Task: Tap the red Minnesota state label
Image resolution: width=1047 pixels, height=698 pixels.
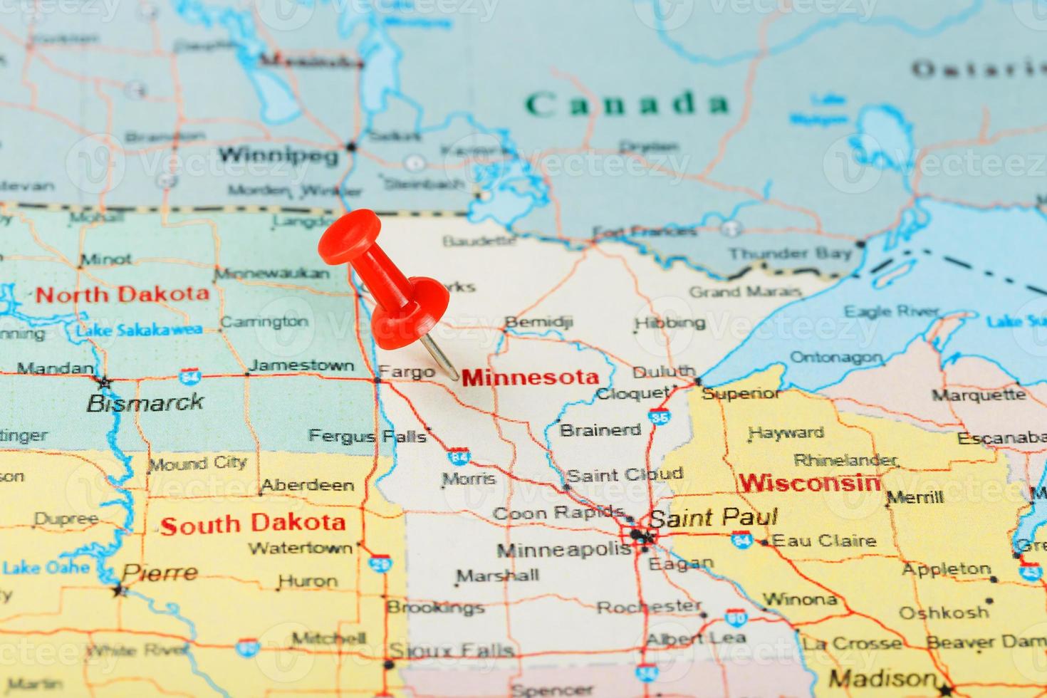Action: tap(530, 377)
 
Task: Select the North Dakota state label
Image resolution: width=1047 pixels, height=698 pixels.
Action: tap(123, 293)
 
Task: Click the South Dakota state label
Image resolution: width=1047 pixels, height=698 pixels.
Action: tap(253, 523)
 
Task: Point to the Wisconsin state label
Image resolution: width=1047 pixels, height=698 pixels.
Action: tap(809, 483)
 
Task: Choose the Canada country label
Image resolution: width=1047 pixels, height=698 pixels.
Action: tap(627, 104)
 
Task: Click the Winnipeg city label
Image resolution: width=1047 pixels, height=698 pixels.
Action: tap(278, 155)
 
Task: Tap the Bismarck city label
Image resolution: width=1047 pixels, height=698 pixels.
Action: tap(145, 402)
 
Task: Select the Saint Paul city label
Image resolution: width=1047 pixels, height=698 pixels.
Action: tap(712, 518)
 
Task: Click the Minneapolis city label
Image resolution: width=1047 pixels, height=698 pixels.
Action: tap(563, 550)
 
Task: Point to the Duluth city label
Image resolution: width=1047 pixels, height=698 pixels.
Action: tap(664, 371)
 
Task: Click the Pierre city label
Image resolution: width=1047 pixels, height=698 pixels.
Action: tap(160, 573)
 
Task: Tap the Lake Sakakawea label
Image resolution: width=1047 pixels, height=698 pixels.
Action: tap(139, 330)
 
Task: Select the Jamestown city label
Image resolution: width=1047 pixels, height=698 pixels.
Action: tap(302, 365)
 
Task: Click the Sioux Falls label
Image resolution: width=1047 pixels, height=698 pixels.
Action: tap(452, 650)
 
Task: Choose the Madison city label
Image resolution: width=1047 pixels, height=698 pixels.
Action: tap(882, 678)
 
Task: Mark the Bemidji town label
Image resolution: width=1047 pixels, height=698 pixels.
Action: tap(538, 322)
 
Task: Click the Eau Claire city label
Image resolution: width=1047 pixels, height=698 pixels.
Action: tap(824, 541)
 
